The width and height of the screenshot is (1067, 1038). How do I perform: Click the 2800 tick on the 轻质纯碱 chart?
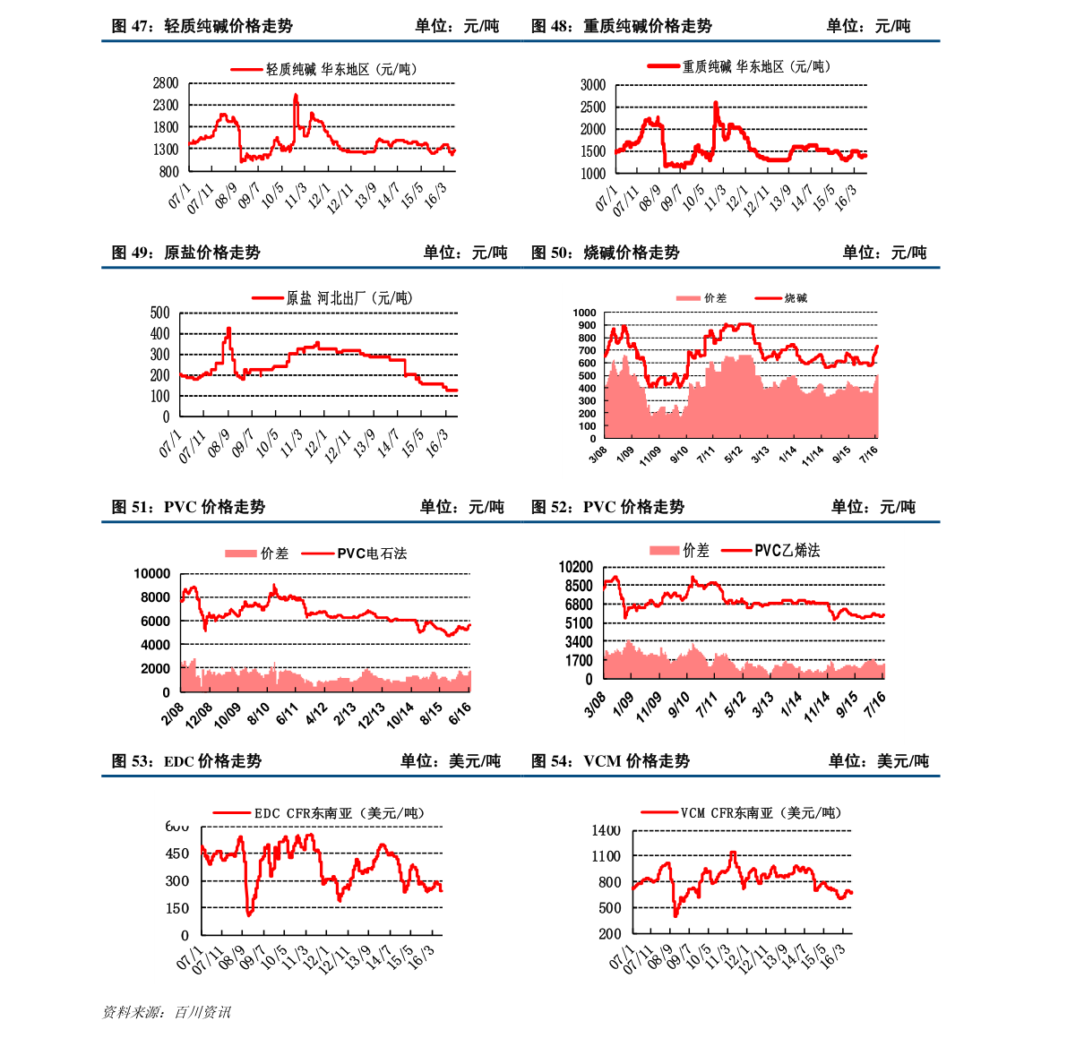tap(166, 83)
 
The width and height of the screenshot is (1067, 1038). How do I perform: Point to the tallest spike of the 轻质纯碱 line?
tap(296, 95)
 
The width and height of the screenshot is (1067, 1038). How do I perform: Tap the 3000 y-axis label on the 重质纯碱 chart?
tap(593, 85)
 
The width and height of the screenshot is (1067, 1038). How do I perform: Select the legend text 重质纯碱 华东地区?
tap(733, 66)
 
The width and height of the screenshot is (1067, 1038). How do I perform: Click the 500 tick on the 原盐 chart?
tap(159, 313)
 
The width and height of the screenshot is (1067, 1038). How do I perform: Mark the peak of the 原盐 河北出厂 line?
tap(228, 328)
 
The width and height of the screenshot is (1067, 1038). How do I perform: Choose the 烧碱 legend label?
tap(796, 298)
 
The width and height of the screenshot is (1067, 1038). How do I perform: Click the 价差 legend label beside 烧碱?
tap(715, 298)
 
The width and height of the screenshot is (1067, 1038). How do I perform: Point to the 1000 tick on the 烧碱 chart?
tap(584, 313)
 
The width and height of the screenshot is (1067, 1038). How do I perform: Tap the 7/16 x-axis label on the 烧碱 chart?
tap(868, 456)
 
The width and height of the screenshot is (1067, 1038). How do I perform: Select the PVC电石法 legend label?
tap(372, 553)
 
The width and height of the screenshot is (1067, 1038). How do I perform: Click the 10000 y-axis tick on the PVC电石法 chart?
tap(151, 573)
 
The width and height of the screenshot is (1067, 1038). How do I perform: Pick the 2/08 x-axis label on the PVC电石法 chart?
tap(173, 714)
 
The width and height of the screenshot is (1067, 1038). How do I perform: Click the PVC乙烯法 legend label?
tap(787, 550)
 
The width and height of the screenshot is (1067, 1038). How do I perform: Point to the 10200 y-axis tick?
tap(575, 567)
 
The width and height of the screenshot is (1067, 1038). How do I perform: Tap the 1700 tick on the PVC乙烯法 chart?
tap(578, 661)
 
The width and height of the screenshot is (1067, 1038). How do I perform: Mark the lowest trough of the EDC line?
tap(248, 914)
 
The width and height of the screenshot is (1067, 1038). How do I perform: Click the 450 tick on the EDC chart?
tap(177, 854)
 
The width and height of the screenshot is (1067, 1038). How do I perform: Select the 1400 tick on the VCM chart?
tap(607, 831)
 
